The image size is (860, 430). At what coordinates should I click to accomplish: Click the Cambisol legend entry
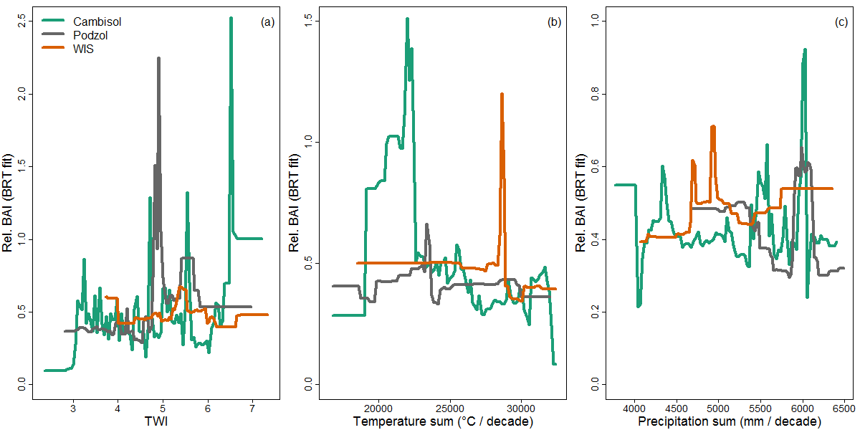pos(97,21)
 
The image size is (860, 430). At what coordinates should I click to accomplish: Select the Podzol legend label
pos(90,35)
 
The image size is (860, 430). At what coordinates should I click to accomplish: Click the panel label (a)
pos(267,21)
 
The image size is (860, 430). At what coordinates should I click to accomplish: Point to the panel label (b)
pos(554,21)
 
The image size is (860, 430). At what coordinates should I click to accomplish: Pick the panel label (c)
pos(841,21)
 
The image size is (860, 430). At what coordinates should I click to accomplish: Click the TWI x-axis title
pos(157,421)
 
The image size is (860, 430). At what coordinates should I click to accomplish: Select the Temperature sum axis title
pos(443,421)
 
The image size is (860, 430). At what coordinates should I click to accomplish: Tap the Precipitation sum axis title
pos(730,421)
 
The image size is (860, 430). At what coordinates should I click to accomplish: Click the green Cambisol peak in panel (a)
pos(231,19)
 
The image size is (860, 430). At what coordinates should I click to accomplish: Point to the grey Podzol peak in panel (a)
pos(158,59)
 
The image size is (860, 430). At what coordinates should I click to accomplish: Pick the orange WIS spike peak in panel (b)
pos(502,94)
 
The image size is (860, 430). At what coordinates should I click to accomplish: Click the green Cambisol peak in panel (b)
pos(407,19)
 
